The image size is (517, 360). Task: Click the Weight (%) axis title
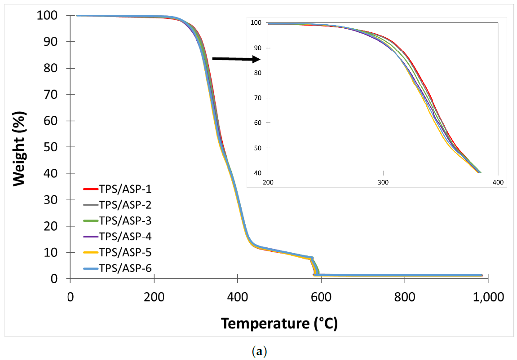19,148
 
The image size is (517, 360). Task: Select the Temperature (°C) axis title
279,323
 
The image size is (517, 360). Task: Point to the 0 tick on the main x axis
70,297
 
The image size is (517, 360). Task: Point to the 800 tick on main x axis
405,297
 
